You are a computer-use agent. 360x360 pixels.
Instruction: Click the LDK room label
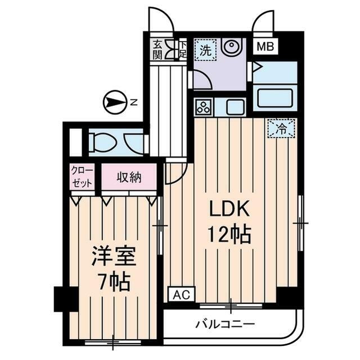229,209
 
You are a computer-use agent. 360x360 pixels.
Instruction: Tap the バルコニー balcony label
225,325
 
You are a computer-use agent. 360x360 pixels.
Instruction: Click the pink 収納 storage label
129,178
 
